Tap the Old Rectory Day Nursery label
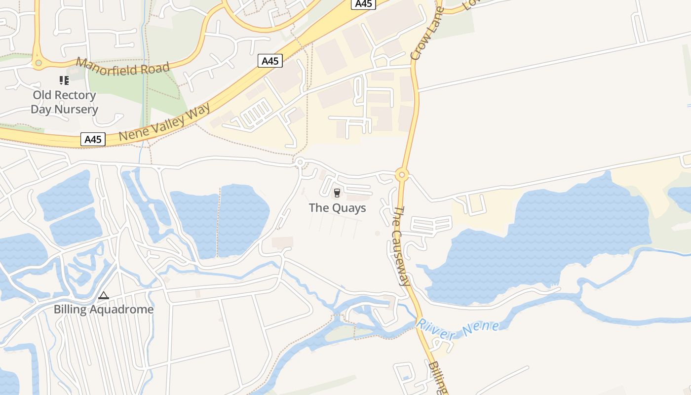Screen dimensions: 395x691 [x=64, y=102]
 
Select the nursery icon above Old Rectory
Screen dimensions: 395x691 [x=64, y=80]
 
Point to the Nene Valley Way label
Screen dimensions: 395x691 [x=164, y=121]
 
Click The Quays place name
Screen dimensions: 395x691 [x=338, y=208]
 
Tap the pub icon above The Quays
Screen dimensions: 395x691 [x=337, y=193]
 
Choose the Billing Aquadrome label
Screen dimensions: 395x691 [x=104, y=310]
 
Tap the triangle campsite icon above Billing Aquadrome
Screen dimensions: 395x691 [x=103, y=296]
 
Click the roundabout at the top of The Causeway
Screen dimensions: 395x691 [x=402, y=174]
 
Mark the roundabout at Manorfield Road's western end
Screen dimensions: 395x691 [x=38, y=63]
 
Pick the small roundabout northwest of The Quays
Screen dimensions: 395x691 [x=299, y=161]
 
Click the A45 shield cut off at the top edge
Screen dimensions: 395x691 [x=363, y=4]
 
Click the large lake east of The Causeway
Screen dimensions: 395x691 [x=543, y=237]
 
